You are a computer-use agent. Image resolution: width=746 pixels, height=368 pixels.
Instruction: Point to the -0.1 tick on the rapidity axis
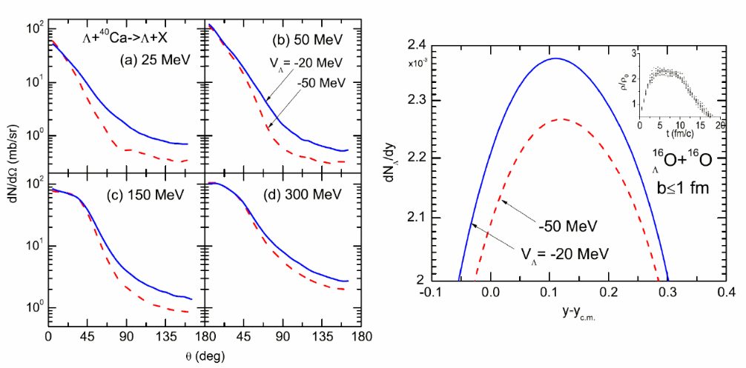pos(431,295)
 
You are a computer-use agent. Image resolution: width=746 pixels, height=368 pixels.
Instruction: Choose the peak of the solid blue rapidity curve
pos(555,58)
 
